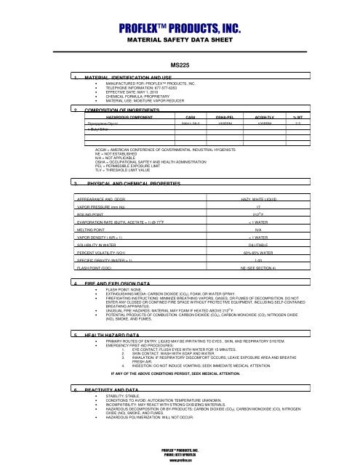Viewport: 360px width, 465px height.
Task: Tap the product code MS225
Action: (x=180, y=64)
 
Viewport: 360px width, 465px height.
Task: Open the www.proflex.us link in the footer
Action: (x=180, y=460)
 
